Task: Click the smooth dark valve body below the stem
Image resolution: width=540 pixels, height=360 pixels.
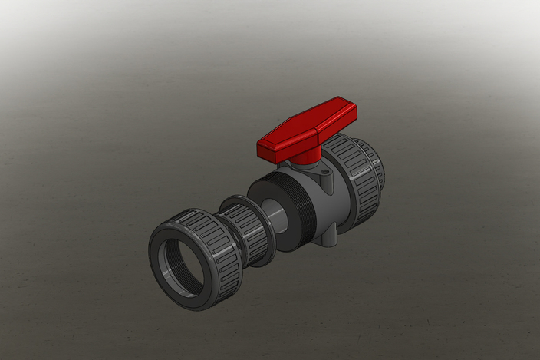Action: (326, 207)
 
